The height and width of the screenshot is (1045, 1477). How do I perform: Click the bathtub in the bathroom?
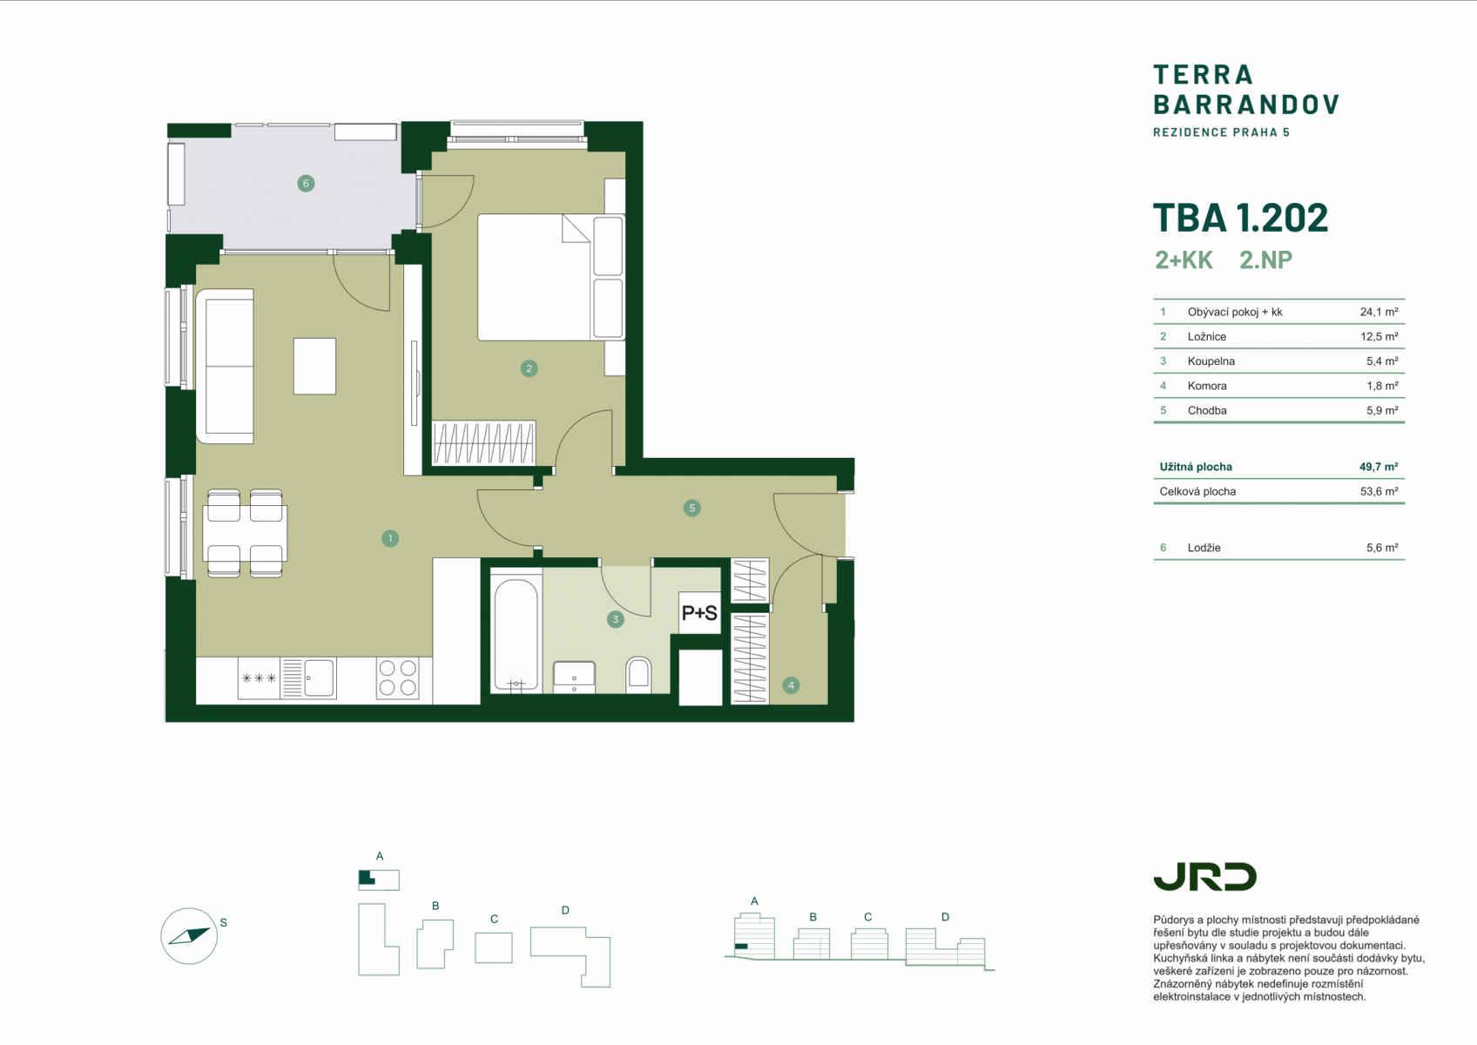tap(516, 634)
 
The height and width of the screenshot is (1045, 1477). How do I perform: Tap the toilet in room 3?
tap(638, 674)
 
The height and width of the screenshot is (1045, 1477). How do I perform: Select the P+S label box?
tap(699, 613)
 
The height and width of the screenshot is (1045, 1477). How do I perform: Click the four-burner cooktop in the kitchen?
tap(398, 678)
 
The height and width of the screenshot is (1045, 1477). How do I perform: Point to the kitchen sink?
tap(308, 678)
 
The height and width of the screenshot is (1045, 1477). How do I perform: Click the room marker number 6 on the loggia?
tap(306, 183)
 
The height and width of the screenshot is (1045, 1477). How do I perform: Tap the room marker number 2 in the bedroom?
tap(529, 368)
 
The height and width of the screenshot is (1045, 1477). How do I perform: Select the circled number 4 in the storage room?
tap(791, 685)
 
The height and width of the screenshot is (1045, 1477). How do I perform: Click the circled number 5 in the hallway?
tap(691, 508)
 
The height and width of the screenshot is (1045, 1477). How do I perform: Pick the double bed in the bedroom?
tap(550, 277)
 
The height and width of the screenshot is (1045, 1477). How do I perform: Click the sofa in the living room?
tap(225, 366)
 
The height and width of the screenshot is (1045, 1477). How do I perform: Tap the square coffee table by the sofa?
tap(314, 366)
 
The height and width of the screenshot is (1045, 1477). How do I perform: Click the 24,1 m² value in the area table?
tap(1379, 312)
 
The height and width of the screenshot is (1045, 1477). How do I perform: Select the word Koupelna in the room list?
tap(1211, 361)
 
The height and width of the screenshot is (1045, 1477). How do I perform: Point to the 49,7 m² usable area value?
tap(1378, 467)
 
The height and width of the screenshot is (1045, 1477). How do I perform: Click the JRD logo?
tap(1204, 877)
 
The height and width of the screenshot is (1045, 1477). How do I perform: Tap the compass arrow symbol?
tap(189, 936)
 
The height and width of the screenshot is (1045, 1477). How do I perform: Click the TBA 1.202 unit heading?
tap(1240, 218)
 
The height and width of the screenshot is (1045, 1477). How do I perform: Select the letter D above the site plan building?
tap(565, 911)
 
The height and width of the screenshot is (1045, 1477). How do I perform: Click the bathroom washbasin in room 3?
tap(574, 678)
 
